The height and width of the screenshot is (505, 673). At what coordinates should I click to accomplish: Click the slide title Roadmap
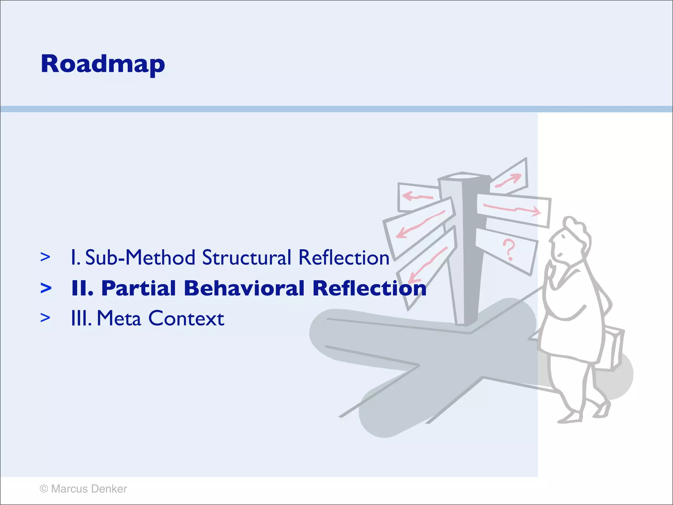(x=103, y=64)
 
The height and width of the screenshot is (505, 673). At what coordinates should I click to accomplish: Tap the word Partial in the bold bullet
(x=138, y=288)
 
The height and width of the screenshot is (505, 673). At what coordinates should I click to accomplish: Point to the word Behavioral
(x=244, y=288)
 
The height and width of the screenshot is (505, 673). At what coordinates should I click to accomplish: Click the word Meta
(x=119, y=318)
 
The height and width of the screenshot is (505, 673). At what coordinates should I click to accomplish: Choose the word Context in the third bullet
(x=186, y=318)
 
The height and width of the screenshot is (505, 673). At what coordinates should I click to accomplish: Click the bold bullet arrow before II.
(x=46, y=288)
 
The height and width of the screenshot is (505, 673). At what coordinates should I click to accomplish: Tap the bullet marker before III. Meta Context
(x=45, y=318)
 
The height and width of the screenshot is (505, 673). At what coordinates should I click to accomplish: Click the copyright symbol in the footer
(x=44, y=489)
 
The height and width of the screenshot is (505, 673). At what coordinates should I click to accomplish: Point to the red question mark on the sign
(x=509, y=250)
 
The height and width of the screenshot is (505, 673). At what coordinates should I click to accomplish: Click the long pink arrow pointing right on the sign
(x=512, y=209)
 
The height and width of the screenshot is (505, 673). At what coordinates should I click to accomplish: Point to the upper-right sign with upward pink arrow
(x=509, y=179)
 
